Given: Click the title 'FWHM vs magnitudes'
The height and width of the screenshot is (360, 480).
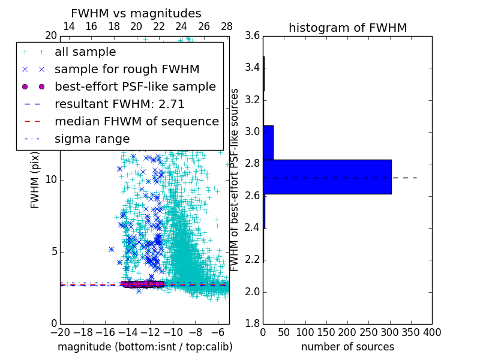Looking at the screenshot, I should click(136, 13).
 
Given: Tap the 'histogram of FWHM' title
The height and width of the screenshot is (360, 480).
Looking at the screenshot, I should click(347, 28).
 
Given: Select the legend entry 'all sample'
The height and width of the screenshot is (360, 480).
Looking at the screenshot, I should click(85, 52).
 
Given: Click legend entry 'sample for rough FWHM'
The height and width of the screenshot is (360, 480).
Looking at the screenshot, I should click(127, 70).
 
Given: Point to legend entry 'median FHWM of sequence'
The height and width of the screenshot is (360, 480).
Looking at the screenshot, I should click(136, 121).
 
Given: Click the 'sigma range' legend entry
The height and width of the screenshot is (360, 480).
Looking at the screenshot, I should click(92, 139).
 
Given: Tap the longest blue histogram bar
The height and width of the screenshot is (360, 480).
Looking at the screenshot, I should click(327, 177).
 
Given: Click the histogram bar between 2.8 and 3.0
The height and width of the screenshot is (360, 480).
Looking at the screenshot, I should click(268, 143).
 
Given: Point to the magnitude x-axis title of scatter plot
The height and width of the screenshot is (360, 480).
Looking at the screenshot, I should click(145, 347).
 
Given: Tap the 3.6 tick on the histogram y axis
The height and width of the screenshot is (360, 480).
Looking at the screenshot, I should click(252, 35).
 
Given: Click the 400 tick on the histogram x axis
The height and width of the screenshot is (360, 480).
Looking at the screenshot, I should click(432, 332).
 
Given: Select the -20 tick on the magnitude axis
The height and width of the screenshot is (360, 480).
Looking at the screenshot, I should click(60, 332).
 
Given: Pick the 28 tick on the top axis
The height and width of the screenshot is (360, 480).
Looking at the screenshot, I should click(227, 26).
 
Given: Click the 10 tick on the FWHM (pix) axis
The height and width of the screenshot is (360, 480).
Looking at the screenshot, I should click(51, 179).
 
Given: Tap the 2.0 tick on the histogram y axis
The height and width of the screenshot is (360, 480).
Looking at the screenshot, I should click(252, 292).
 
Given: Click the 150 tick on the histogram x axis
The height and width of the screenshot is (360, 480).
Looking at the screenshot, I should click(326, 332).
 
